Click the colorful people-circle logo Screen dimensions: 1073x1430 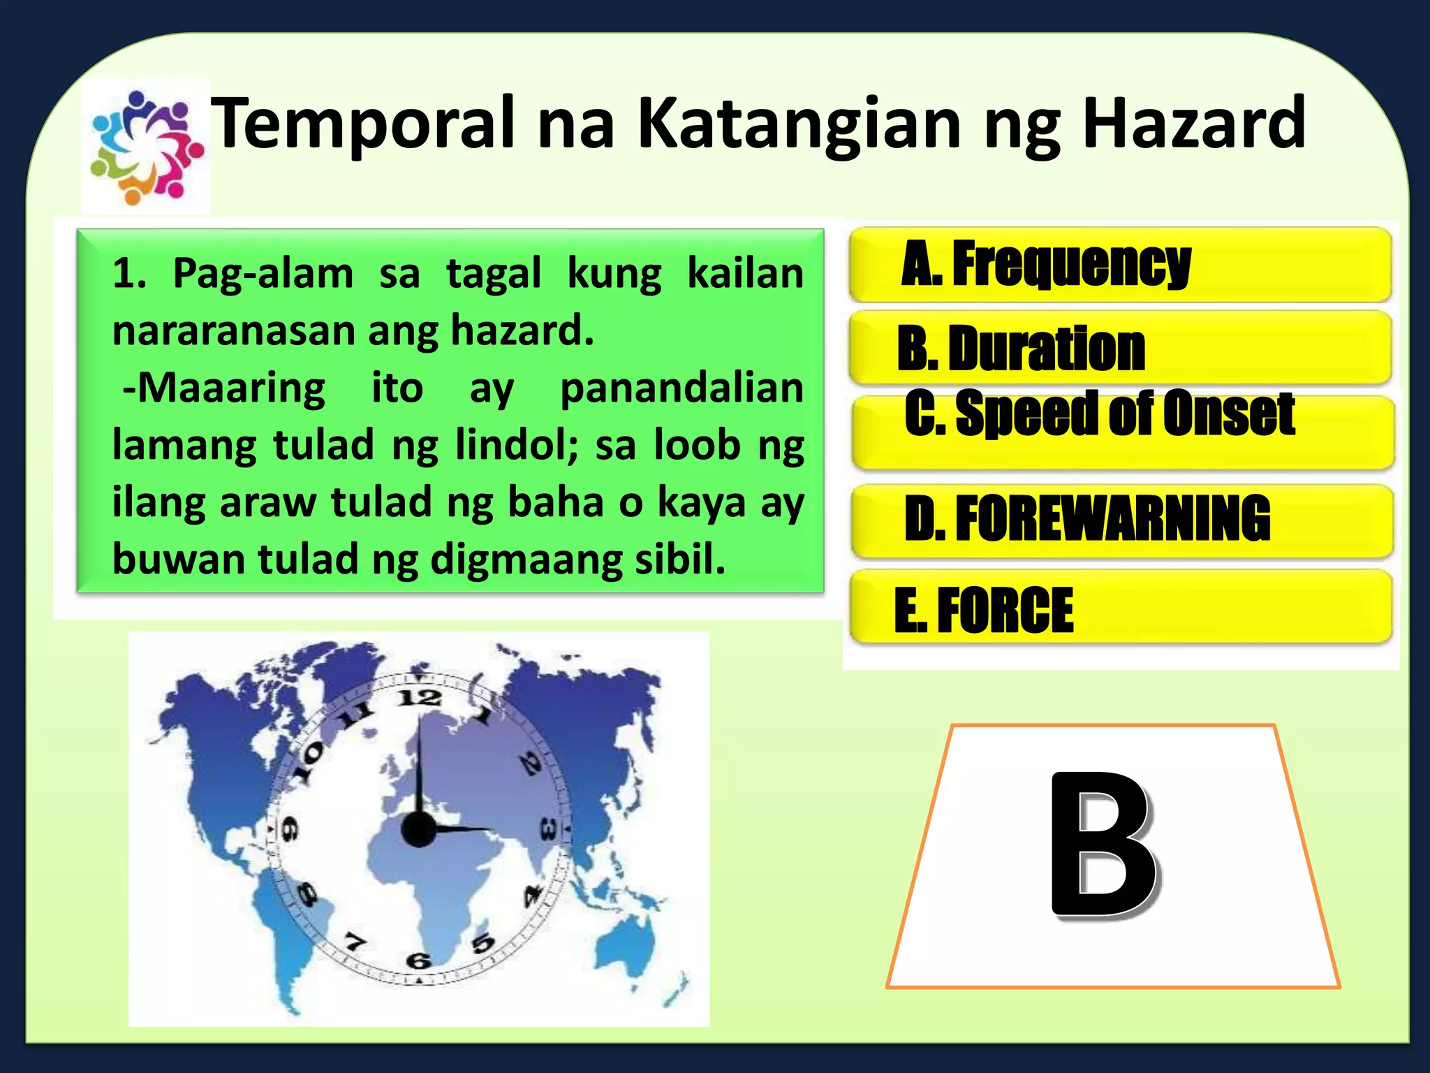146,147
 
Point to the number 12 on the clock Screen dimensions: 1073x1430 419,698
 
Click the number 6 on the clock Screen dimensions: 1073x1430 418,961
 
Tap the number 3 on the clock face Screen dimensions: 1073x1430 549,831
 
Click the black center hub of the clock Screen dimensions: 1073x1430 419,829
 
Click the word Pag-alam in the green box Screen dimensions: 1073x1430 263,273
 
